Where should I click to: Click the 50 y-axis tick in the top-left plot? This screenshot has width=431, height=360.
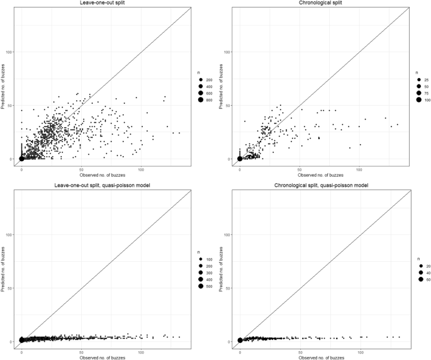pos(11,105)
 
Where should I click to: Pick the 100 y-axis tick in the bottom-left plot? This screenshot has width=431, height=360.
pos(9,234)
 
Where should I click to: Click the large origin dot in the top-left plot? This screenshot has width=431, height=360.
pos(22,159)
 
